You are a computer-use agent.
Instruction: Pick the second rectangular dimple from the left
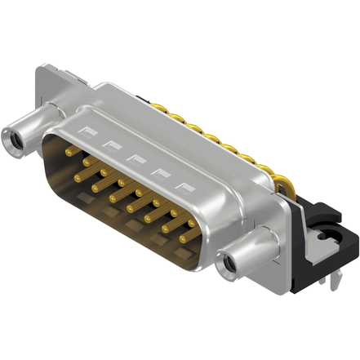pyautogui.click(x=109, y=144)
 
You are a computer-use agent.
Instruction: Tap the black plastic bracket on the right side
pyautogui.click(x=322, y=245)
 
